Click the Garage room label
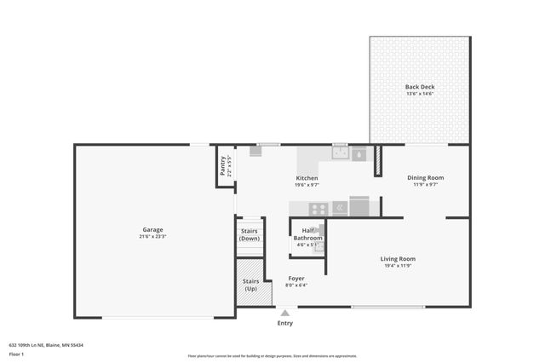pos(152,229)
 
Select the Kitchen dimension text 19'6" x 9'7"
pos(307,185)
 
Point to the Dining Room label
pos(425,177)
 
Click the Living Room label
pos(398,258)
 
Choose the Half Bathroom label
pos(308,234)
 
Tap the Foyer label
pos(296,278)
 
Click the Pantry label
pos(222,165)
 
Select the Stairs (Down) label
pos(250,234)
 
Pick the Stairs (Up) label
pos(251,285)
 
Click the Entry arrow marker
pos(285,314)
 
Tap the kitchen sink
pos(341,153)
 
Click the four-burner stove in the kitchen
pos(318,208)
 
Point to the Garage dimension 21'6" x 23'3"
pos(152,236)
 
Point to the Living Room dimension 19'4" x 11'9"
pos(398,265)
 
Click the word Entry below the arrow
pos(285,323)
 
